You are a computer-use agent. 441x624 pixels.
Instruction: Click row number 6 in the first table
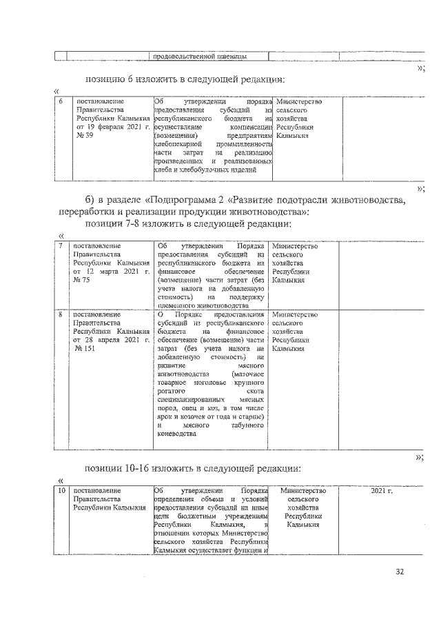[x=61, y=102]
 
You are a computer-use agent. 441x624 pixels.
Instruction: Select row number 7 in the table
[x=61, y=246]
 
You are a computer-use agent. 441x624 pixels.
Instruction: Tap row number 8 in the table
[x=61, y=314]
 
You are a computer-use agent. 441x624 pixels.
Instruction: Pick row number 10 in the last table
[x=62, y=490]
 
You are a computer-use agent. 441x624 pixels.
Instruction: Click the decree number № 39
[x=83, y=136]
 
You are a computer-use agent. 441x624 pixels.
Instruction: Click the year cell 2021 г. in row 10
[x=381, y=490]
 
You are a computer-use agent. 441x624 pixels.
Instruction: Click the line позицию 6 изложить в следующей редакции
[x=184, y=79]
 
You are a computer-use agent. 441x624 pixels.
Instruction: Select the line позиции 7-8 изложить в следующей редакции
[x=192, y=223]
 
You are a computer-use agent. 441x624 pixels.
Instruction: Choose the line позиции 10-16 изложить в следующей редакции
[x=193, y=468]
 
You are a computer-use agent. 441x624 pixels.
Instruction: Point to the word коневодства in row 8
[x=177, y=434]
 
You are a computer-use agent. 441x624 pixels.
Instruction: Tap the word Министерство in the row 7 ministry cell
[x=295, y=246]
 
